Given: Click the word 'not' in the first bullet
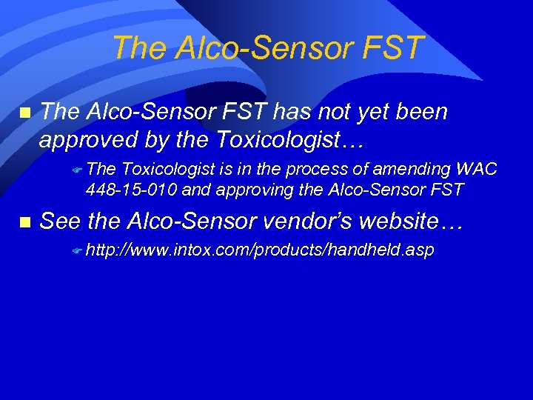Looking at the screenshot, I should click(331, 113).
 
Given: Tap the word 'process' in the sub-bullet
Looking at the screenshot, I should click(285, 170).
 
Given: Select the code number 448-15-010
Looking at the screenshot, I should click(131, 190).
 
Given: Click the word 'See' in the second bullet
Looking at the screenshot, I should click(60, 221).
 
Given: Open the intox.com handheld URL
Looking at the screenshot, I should click(259, 251).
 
